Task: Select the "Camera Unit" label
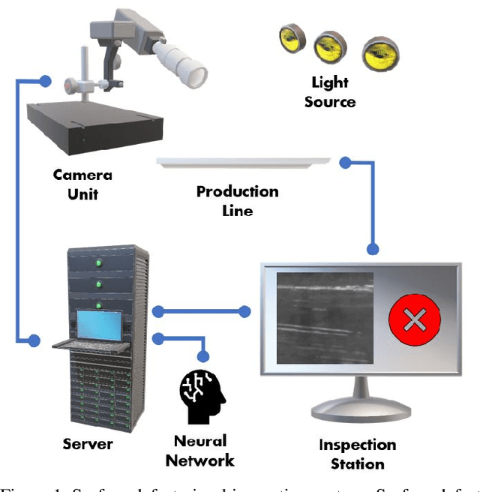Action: pos(82,184)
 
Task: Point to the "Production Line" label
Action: pos(237,201)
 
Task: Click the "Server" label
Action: pos(88,445)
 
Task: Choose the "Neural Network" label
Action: pos(200,451)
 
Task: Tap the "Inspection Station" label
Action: pos(357,454)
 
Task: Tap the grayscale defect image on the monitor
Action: pos(324,319)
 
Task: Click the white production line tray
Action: pos(244,161)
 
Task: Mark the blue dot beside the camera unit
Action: pos(46,80)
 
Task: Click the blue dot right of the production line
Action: pos(345,161)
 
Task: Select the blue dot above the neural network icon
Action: pos(202,355)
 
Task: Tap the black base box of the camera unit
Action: pos(94,126)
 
